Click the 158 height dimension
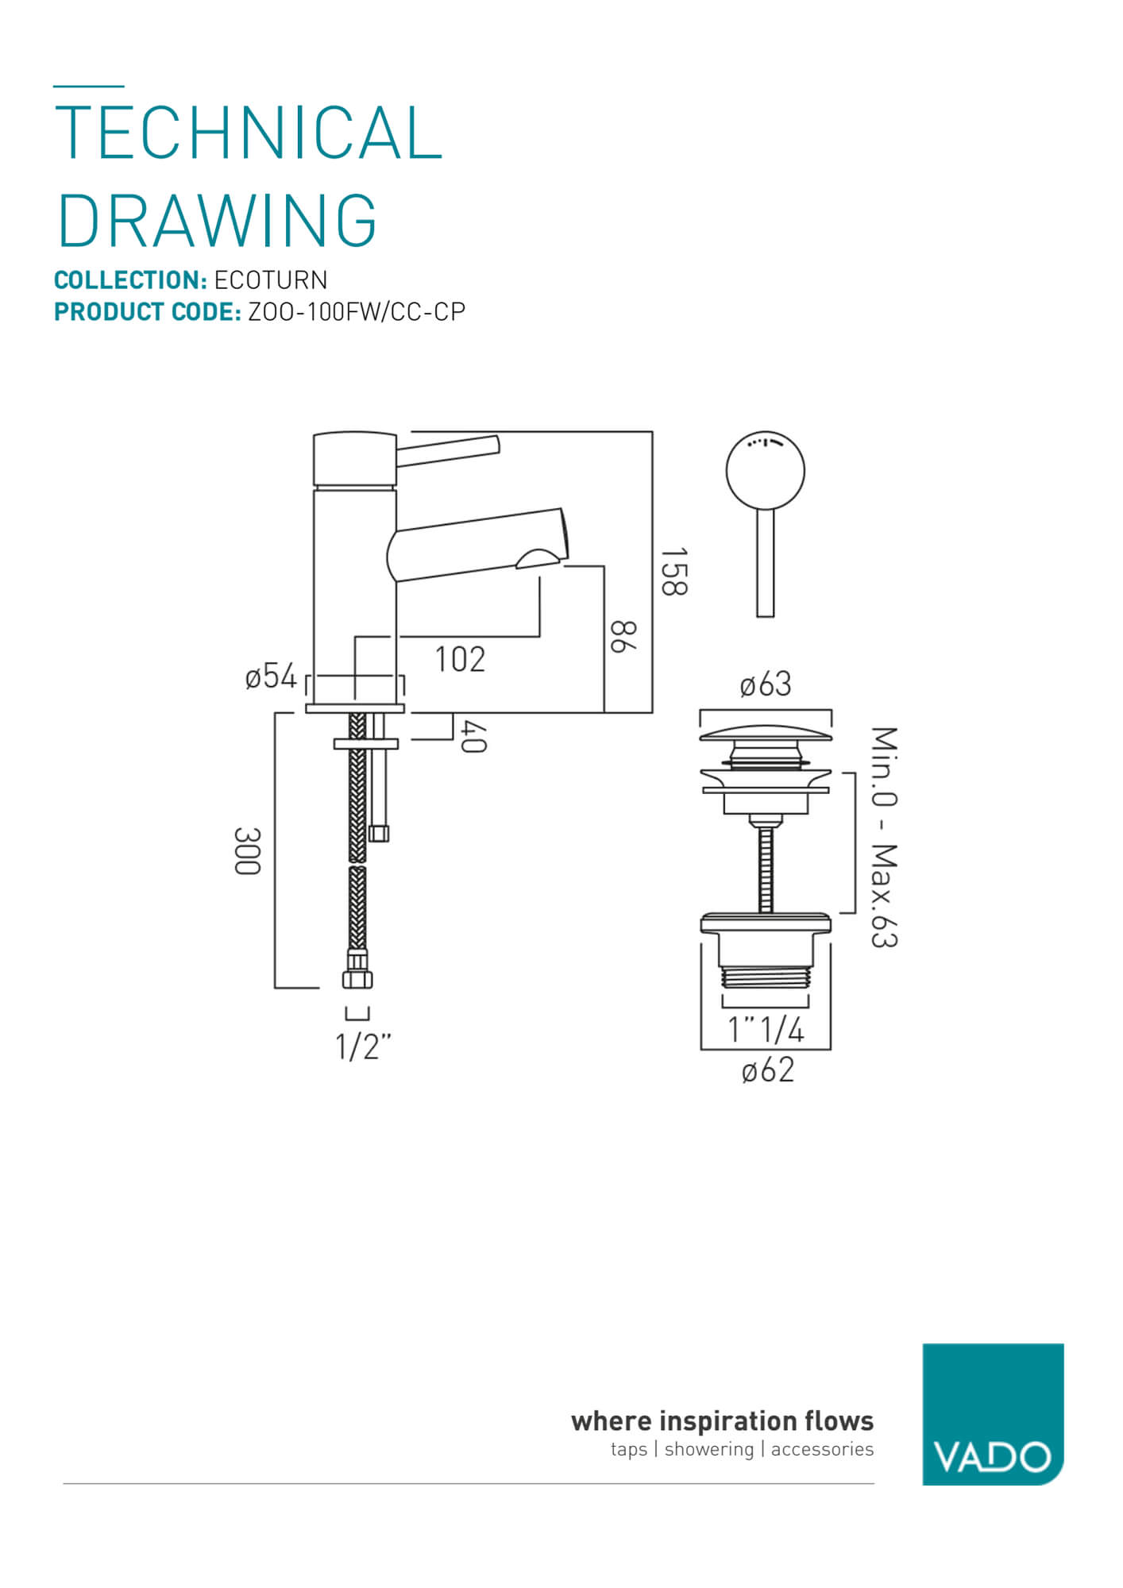pyautogui.click(x=673, y=571)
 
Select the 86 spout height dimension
pyautogui.click(x=623, y=637)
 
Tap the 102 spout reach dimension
pyautogui.click(x=460, y=659)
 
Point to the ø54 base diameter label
pyautogui.click(x=271, y=676)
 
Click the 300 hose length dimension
pyautogui.click(x=247, y=850)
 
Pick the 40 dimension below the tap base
pyautogui.click(x=473, y=737)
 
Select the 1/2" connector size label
pyautogui.click(x=363, y=1046)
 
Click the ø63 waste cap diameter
pyautogui.click(x=766, y=684)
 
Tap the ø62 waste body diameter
pyautogui.click(x=767, y=1070)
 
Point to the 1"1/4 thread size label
pyautogui.click(x=766, y=1030)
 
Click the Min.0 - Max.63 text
pyautogui.click(x=883, y=836)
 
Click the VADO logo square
pyautogui.click(x=992, y=1414)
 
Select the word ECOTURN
pyautogui.click(x=271, y=280)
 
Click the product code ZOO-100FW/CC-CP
pyautogui.click(x=357, y=312)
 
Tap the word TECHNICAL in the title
pyautogui.click(x=248, y=133)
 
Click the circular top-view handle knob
pyautogui.click(x=765, y=470)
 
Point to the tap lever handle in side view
pyautogui.click(x=449, y=450)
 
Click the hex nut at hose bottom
pyautogui.click(x=357, y=979)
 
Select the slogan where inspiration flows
pyautogui.click(x=722, y=1420)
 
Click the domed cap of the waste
pyautogui.click(x=766, y=732)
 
